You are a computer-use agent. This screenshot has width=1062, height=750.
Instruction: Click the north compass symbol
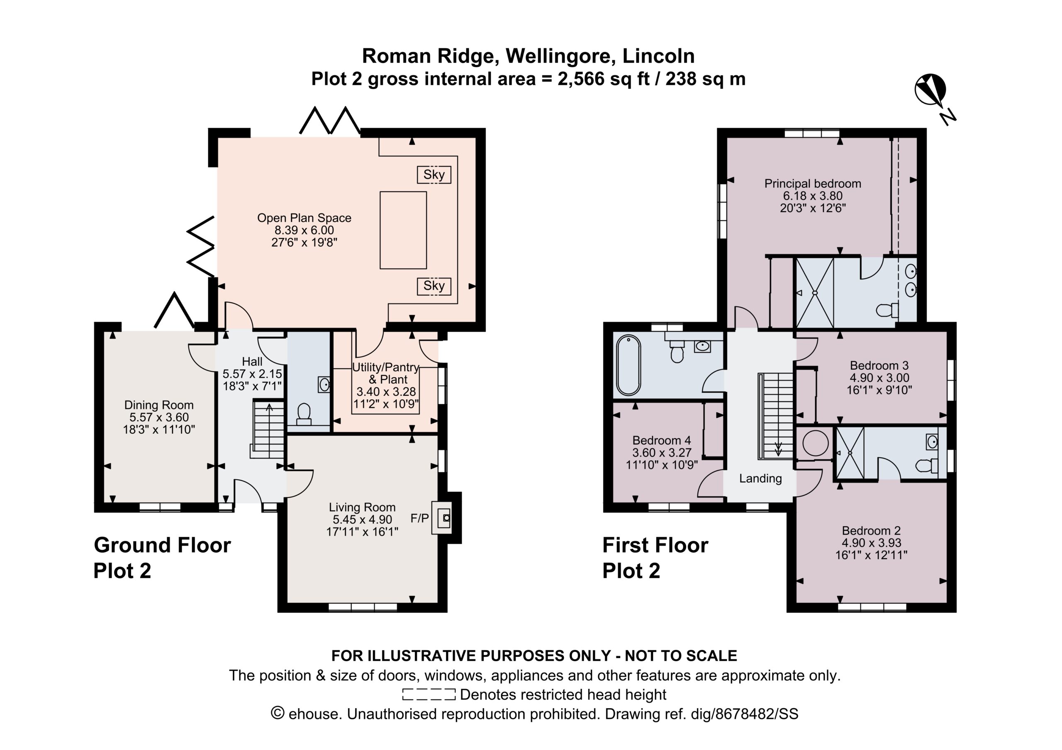pyautogui.click(x=930, y=90)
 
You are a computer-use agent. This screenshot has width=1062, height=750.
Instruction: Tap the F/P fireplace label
pyautogui.click(x=419, y=518)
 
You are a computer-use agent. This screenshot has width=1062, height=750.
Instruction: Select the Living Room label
pyautogui.click(x=362, y=507)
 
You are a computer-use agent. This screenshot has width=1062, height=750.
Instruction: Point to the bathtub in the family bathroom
pyautogui.click(x=628, y=365)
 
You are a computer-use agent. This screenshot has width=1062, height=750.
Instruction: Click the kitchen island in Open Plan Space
pyautogui.click(x=403, y=230)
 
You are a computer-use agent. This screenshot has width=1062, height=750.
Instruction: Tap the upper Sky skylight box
pyautogui.click(x=434, y=175)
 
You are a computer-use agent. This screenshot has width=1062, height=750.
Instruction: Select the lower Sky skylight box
pyautogui.click(x=434, y=286)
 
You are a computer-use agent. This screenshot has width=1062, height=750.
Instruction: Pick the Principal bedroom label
pyautogui.click(x=813, y=184)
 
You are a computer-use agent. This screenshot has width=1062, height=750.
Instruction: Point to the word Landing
pyautogui.click(x=760, y=478)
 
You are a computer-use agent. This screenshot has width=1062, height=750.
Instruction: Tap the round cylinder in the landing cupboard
pyautogui.click(x=815, y=443)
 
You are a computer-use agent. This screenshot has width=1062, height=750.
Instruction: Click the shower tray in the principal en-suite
pyautogui.click(x=814, y=292)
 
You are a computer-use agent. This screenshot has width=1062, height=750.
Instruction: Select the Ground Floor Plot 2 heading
pyautogui.click(x=162, y=558)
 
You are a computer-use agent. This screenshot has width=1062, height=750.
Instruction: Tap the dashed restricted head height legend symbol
pyautogui.click(x=429, y=694)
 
